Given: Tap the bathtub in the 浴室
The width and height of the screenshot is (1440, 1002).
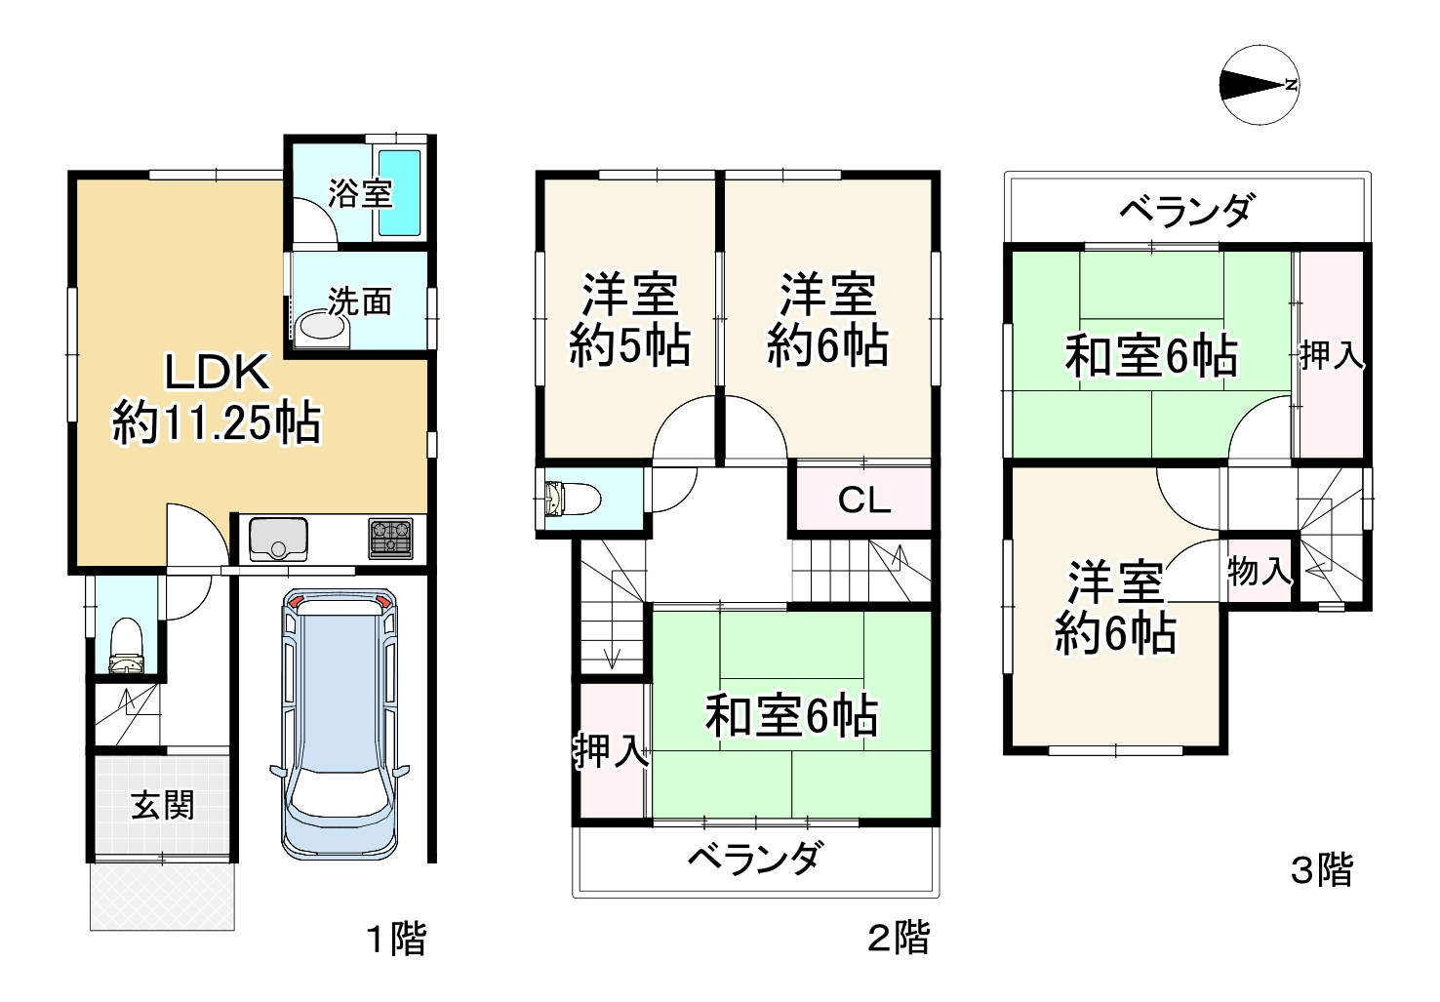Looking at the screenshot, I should [399, 192].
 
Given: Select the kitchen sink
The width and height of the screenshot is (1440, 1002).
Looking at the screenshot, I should [278, 539].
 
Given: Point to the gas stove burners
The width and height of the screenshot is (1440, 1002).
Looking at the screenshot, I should [390, 538].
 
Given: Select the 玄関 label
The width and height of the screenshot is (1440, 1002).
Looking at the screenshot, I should [163, 805].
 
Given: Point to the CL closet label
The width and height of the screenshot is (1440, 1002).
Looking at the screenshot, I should [864, 501].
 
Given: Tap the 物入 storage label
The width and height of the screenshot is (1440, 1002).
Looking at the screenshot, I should [1260, 571].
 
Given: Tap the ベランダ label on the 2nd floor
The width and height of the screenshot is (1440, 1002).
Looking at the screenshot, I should [754, 859].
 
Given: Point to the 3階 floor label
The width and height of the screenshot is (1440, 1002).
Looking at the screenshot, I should [1322, 868].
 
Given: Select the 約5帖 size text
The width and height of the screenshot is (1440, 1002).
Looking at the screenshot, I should [629, 345].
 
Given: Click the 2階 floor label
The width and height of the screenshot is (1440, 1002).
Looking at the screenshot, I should [899, 939].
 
